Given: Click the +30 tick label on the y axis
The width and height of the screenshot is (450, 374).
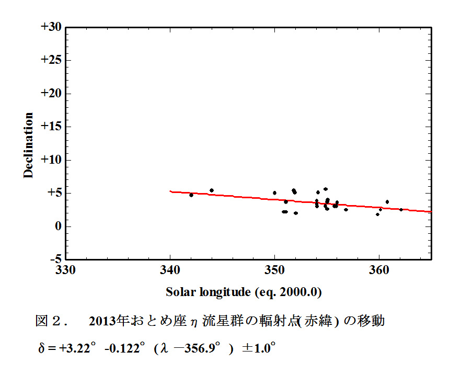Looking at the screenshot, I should click(51, 27).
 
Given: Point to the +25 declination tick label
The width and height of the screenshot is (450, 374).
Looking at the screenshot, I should click(51, 60).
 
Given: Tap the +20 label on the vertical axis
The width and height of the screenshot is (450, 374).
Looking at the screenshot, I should click(51, 93).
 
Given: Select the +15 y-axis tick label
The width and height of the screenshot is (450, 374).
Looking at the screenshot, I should click(51, 127).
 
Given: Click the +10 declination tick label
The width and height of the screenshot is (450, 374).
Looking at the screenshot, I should click(51, 160).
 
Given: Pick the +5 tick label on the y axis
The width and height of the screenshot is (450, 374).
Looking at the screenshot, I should click(54, 193).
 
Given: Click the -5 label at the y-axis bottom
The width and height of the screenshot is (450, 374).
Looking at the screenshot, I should click(54, 259).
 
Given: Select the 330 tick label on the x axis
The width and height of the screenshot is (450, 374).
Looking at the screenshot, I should click(65, 270).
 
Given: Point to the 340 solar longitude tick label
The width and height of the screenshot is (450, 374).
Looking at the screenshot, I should click(170, 270).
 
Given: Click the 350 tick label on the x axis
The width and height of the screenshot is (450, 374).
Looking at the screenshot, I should click(274, 270).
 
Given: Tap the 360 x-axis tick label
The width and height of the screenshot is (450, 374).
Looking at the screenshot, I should click(379, 270).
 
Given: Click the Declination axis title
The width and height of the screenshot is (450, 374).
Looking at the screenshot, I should click(28, 145).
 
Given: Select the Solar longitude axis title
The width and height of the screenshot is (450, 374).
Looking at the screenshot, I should click(243, 292).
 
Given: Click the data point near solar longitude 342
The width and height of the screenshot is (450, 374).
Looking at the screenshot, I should click(191, 195).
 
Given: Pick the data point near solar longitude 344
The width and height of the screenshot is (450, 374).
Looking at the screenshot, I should click(212, 190).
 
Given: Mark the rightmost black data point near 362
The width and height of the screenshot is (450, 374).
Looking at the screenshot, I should click(401, 210).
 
